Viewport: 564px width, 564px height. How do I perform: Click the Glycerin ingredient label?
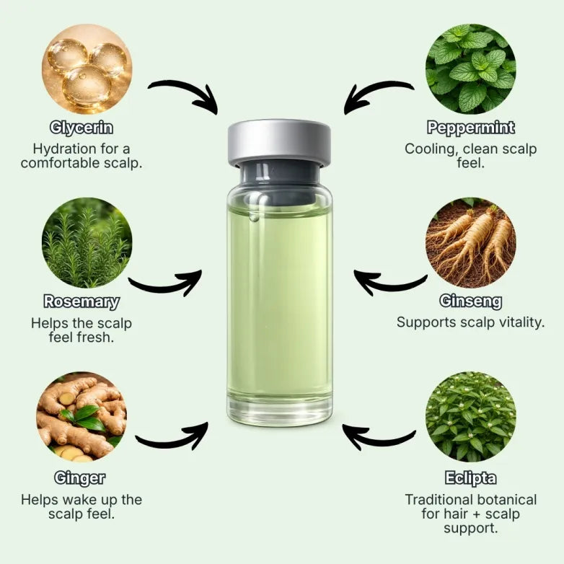(81, 128)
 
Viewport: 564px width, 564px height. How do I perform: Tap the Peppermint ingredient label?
(470, 128)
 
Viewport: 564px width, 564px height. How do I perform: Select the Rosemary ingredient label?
(81, 301)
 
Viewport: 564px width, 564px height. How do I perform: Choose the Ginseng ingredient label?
(470, 301)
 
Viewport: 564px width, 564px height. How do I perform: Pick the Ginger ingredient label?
(79, 477)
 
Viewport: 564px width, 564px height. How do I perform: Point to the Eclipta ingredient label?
(470, 478)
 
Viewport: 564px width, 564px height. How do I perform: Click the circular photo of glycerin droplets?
(87, 69)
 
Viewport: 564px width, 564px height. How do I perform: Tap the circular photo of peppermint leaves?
(470, 69)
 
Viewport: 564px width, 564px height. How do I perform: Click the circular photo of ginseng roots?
(470, 243)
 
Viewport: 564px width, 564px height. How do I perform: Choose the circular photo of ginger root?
(81, 417)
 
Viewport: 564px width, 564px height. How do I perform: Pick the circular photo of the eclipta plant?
(470, 417)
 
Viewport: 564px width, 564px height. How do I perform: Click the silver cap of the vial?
(279, 141)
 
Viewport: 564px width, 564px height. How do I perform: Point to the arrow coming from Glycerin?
(184, 94)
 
